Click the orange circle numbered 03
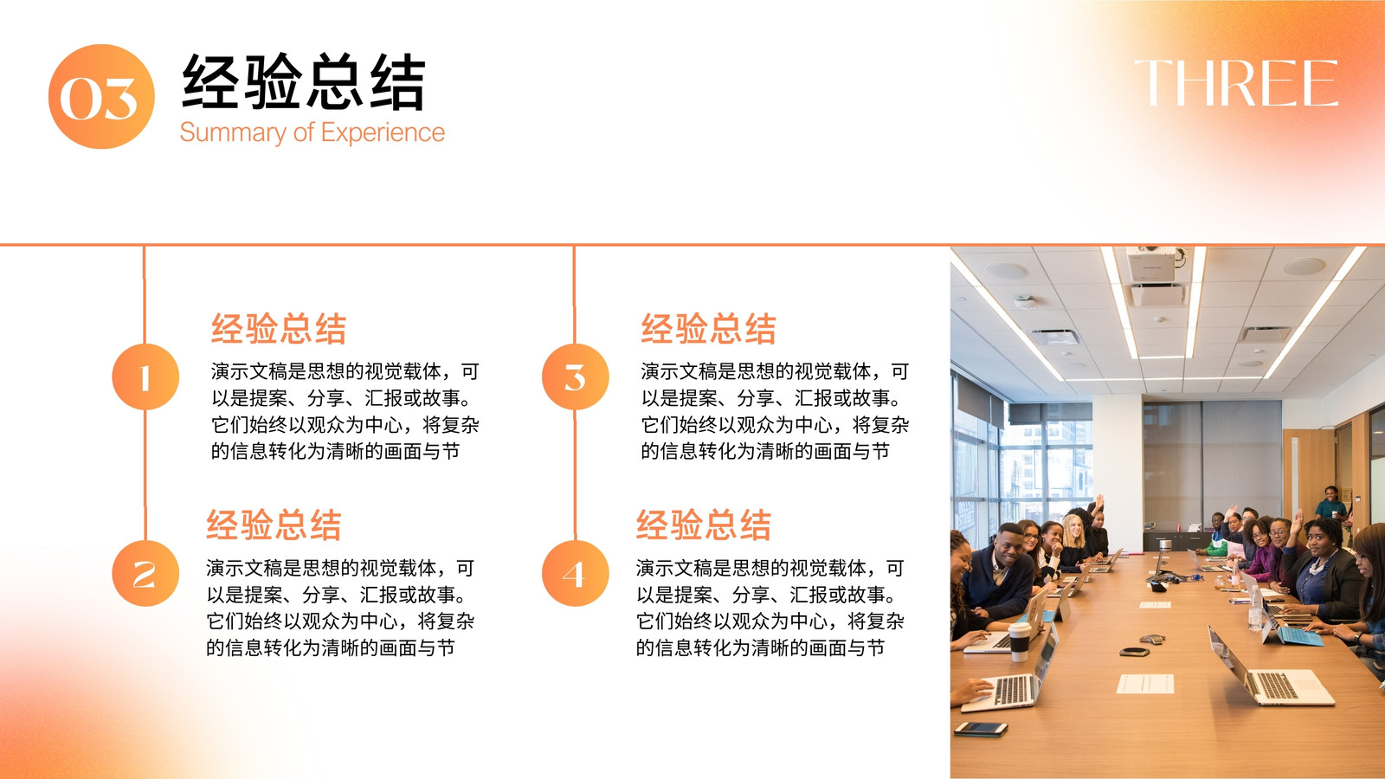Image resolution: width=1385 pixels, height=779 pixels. click(x=101, y=96)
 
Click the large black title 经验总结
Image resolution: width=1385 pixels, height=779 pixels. click(x=304, y=82)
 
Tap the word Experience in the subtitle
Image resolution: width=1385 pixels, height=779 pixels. click(x=383, y=132)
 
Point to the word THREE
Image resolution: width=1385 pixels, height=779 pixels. click(x=1236, y=83)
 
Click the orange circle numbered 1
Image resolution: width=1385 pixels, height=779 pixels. click(x=145, y=377)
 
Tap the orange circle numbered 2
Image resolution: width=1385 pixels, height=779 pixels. click(x=145, y=573)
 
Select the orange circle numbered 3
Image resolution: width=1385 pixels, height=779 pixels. click(x=575, y=377)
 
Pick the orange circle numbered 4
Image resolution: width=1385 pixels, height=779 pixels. click(x=575, y=573)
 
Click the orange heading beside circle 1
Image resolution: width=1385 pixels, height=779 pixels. click(x=279, y=328)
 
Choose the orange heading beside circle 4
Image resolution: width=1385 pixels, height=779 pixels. click(x=704, y=525)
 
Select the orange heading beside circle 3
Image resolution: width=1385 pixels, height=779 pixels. click(x=709, y=328)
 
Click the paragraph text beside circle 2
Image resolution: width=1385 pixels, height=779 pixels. click(x=340, y=608)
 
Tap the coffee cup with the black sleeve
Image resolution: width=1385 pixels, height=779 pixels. click(x=1019, y=641)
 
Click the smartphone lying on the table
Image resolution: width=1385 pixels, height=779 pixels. click(x=981, y=729)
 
